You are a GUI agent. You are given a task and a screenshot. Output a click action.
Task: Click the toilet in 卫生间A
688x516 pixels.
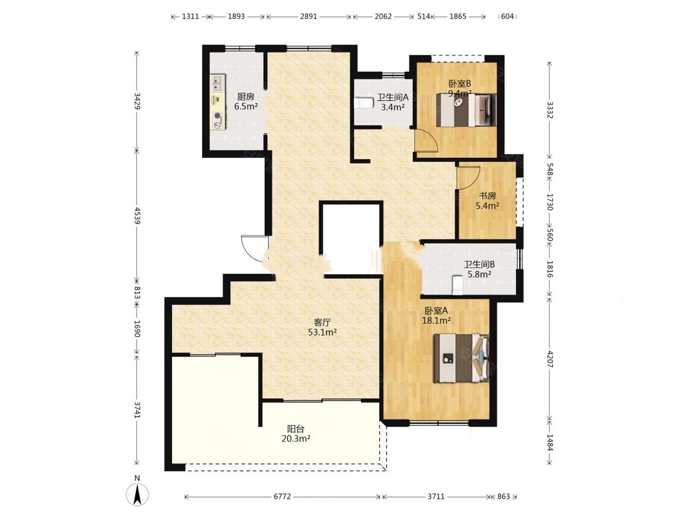coord(363,103)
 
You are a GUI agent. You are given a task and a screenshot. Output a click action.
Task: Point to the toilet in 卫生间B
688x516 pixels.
coord(457,285)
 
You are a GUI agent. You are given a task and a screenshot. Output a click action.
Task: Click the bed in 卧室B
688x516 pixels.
coord(466,110)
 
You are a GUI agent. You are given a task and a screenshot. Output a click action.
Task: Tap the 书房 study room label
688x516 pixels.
coord(487,196)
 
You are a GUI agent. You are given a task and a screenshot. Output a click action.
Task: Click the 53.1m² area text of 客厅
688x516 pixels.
coord(322,332)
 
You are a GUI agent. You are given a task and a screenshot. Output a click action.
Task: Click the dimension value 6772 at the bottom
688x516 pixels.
coord(282,496)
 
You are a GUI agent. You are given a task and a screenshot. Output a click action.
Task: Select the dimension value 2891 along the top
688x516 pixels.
coord(309,17)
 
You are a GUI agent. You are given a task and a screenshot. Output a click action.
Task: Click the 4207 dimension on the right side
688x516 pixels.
coord(550,359)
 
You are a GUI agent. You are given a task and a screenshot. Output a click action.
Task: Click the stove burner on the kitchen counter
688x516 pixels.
coord(217,120)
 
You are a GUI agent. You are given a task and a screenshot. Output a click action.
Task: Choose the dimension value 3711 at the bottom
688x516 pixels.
coord(436,496)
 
